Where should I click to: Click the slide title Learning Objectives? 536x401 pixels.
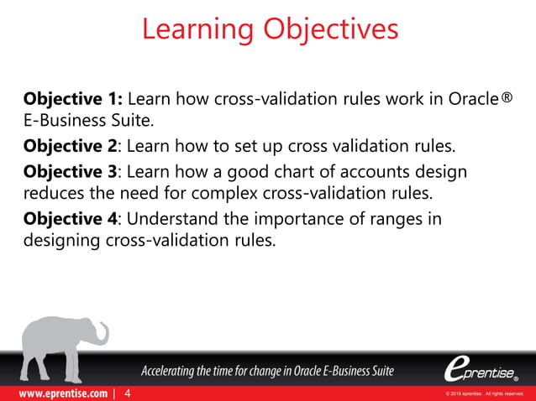[269, 29]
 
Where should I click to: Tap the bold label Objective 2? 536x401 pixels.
[70, 148]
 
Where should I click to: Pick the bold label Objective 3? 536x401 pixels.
[70, 172]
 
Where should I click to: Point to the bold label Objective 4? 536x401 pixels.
[70, 219]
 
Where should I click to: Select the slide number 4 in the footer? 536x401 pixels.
[127, 393]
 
